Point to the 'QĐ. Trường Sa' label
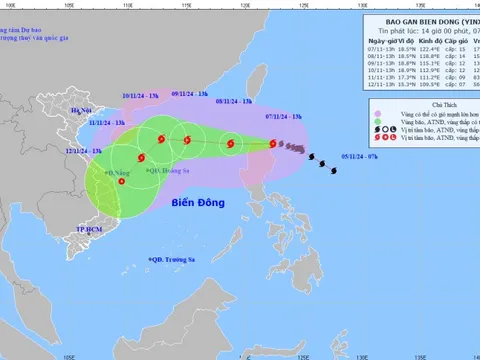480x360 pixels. [176, 261]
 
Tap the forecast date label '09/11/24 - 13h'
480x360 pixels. [189, 93]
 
